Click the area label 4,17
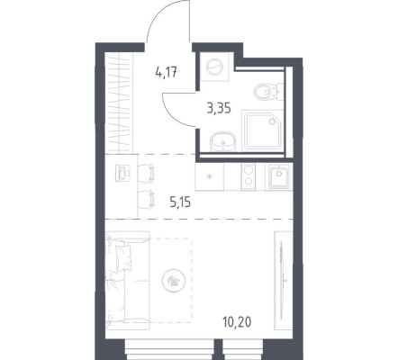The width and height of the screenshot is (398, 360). tap(166, 72)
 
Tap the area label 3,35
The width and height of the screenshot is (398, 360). tap(219, 108)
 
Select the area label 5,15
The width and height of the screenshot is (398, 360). tap(180, 202)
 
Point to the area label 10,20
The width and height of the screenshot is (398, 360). tap(237, 322)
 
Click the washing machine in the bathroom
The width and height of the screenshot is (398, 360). tap(214, 67)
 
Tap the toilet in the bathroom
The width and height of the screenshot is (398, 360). tap(268, 91)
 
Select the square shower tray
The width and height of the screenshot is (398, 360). tap(263, 130)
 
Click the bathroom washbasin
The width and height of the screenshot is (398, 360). tap(223, 141)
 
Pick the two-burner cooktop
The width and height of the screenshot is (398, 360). tap(248, 176)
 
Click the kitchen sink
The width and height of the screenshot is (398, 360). tap(279, 176)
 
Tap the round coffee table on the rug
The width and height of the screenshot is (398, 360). tap(174, 281)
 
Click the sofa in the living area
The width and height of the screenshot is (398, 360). tap(127, 281)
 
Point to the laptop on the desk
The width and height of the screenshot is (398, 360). tap(122, 173)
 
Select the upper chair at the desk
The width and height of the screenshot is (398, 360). tap(146, 173)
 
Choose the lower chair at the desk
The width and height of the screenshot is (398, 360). tap(146, 199)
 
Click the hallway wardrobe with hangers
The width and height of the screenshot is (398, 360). tap(120, 103)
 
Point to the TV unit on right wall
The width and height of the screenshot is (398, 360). tap(284, 281)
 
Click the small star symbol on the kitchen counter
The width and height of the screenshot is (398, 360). tap(210, 176)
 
